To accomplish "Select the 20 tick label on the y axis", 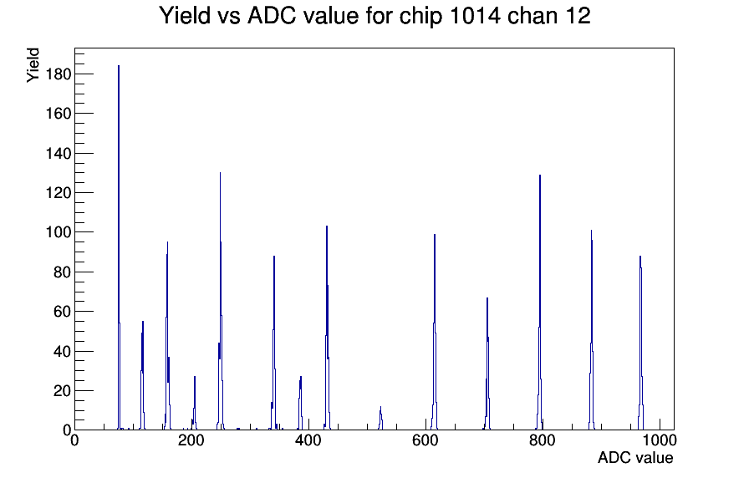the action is (x=62, y=391).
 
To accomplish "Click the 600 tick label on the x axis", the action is (x=425, y=440).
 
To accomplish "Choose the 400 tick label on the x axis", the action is (x=308, y=440).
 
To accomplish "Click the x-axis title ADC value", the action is (x=635, y=458).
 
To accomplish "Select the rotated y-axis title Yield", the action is (x=33, y=65).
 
